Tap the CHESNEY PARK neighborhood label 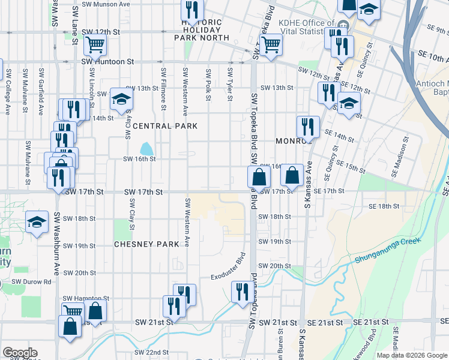click(x=147, y=244)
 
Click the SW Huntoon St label click(x=107, y=62)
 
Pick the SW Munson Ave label click(x=108, y=4)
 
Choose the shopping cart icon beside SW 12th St click(x=95, y=44)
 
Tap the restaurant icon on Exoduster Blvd click(x=242, y=292)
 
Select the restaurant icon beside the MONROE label click(x=307, y=127)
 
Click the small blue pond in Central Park click(x=146, y=148)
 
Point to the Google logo click(x=20, y=353)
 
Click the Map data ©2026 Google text click(x=412, y=355)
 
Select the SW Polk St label click(x=208, y=85)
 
